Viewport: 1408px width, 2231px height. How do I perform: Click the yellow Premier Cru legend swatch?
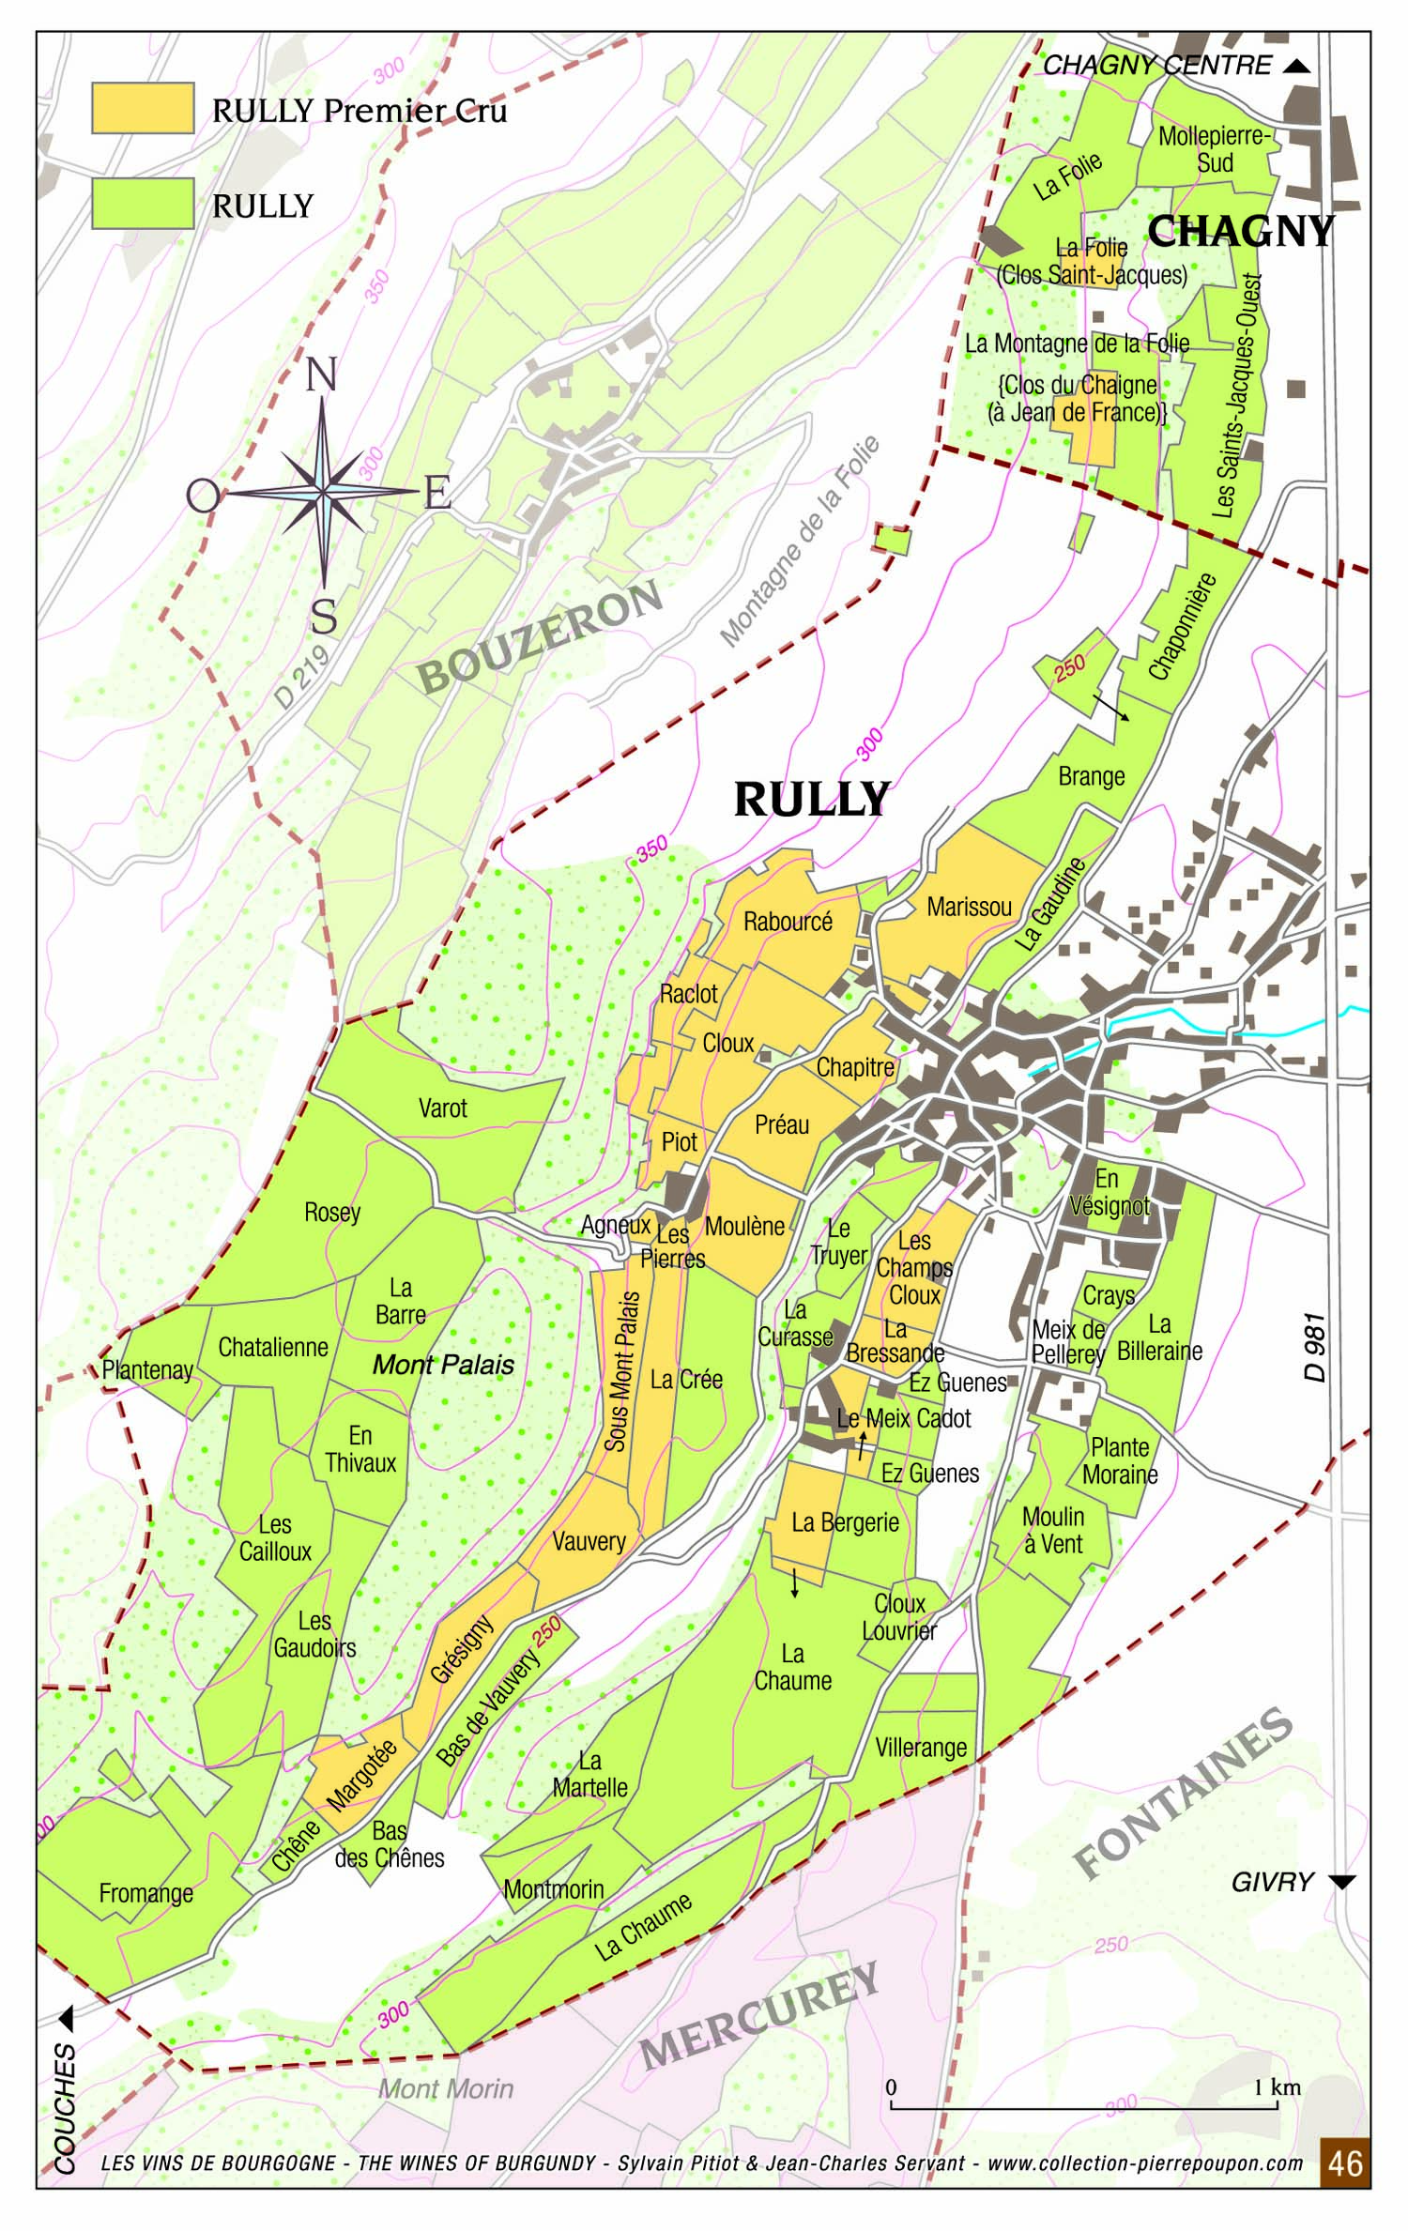point(143,108)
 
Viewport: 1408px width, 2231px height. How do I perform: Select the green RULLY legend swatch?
point(143,203)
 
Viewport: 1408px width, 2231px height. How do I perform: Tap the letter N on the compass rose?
point(321,375)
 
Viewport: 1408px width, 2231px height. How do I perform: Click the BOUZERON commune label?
point(540,638)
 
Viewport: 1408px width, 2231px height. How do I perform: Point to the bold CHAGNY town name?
point(1240,231)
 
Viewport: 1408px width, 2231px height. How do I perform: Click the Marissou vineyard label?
point(969,907)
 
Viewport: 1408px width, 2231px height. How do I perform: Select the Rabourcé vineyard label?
point(788,922)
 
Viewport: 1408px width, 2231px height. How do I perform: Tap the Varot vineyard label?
point(442,1108)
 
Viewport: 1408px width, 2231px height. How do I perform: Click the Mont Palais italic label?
point(443,1365)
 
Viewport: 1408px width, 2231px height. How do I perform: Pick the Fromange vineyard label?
point(145,1893)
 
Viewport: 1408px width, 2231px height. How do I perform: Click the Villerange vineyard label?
point(920,1748)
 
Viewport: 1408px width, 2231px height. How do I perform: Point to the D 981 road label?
point(1316,1347)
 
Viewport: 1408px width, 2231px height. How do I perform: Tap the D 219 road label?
point(302,676)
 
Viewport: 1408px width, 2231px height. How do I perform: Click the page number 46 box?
point(1344,2163)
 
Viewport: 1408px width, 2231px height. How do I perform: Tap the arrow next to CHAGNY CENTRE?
point(1296,66)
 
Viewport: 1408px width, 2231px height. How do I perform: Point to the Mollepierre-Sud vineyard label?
point(1214,149)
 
